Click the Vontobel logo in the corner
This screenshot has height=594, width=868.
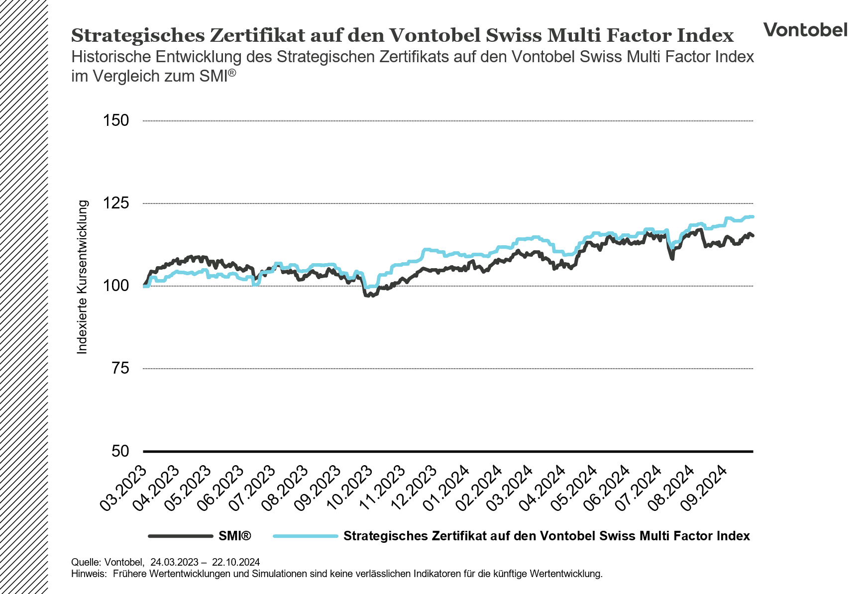[x=805, y=30]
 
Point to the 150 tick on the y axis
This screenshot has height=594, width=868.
[x=115, y=120]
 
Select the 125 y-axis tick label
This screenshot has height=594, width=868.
[x=115, y=203]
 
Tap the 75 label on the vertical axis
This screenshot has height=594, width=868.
[x=119, y=368]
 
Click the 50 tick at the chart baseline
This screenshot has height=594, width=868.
[x=119, y=451]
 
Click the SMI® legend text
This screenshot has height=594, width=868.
[x=235, y=536]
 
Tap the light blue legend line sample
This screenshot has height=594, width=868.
[x=306, y=536]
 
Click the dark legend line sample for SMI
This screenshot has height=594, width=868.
[x=181, y=536]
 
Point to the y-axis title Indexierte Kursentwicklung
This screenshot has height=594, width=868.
[x=83, y=277]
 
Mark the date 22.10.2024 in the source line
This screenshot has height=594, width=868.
[x=236, y=562]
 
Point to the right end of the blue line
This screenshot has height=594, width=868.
[x=753, y=216]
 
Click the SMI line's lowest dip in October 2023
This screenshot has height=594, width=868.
[x=367, y=296]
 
